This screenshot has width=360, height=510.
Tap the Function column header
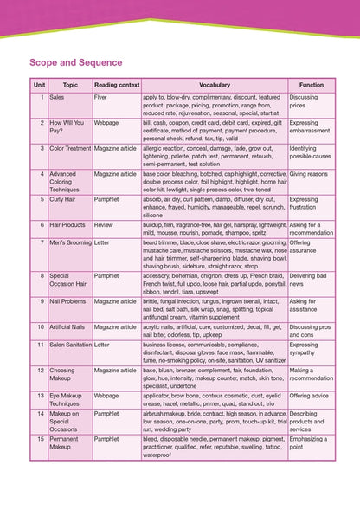(x=311, y=85)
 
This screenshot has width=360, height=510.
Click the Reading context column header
(x=116, y=85)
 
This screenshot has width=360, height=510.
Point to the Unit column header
(x=39, y=85)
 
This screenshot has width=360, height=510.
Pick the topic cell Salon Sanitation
(x=70, y=344)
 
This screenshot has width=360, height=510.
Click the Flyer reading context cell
(x=102, y=98)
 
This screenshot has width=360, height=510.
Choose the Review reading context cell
(x=105, y=224)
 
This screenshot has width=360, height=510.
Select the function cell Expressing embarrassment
(x=310, y=127)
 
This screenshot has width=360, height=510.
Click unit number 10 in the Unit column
(x=40, y=326)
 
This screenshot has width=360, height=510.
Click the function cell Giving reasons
(x=309, y=174)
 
